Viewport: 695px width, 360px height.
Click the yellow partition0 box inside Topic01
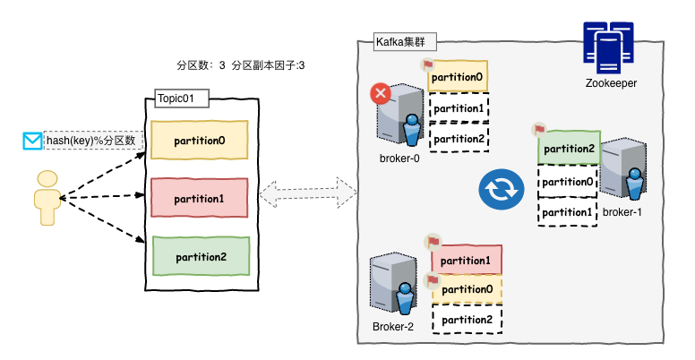click(199, 141)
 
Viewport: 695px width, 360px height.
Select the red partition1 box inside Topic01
click(199, 198)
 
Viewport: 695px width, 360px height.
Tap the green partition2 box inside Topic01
click(199, 256)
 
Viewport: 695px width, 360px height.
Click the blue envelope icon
click(32, 141)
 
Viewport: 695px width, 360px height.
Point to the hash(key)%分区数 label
click(93, 141)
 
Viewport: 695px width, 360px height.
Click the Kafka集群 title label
click(400, 42)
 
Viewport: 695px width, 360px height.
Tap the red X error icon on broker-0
click(382, 93)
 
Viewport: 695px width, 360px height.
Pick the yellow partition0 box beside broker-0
click(458, 77)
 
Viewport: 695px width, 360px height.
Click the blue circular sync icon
click(498, 189)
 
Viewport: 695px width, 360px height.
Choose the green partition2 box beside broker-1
click(568, 149)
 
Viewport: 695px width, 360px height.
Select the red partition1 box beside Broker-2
click(467, 261)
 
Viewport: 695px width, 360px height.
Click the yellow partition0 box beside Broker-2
click(467, 288)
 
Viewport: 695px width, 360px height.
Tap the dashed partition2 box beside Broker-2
click(467, 319)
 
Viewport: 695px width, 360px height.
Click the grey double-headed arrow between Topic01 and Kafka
click(308, 192)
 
